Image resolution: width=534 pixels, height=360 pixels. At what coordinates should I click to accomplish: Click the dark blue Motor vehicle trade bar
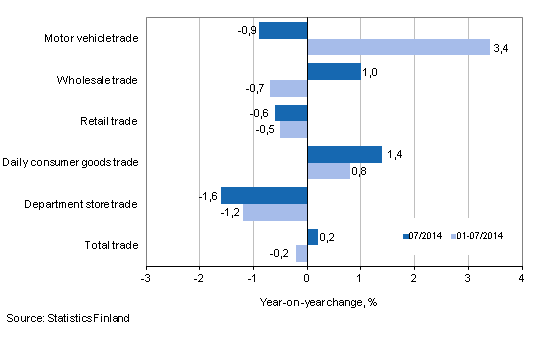[x=283, y=30]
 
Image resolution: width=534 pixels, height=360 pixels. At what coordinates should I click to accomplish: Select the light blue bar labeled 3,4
[x=398, y=47]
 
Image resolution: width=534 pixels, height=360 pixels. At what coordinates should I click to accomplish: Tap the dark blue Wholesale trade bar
[x=333, y=71]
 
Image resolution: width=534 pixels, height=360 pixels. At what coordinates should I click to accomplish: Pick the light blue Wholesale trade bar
[x=288, y=88]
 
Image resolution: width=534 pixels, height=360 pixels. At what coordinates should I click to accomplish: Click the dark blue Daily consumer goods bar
[x=344, y=154]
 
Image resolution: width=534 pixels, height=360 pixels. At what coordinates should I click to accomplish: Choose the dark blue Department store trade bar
[x=264, y=195]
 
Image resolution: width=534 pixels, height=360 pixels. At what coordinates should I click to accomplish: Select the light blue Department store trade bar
[x=275, y=212]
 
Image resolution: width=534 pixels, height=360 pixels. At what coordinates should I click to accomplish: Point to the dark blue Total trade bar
[x=312, y=236]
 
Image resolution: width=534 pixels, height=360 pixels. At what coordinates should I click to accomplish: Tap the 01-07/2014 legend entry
[x=478, y=237]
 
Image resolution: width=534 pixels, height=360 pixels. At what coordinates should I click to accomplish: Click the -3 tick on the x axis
[x=146, y=277]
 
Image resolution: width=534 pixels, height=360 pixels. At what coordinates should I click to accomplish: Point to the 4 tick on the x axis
[x=521, y=277]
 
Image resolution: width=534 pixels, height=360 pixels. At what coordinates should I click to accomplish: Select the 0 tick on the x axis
[x=307, y=277]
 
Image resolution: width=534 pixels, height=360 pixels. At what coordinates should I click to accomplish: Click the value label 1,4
[x=394, y=154]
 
